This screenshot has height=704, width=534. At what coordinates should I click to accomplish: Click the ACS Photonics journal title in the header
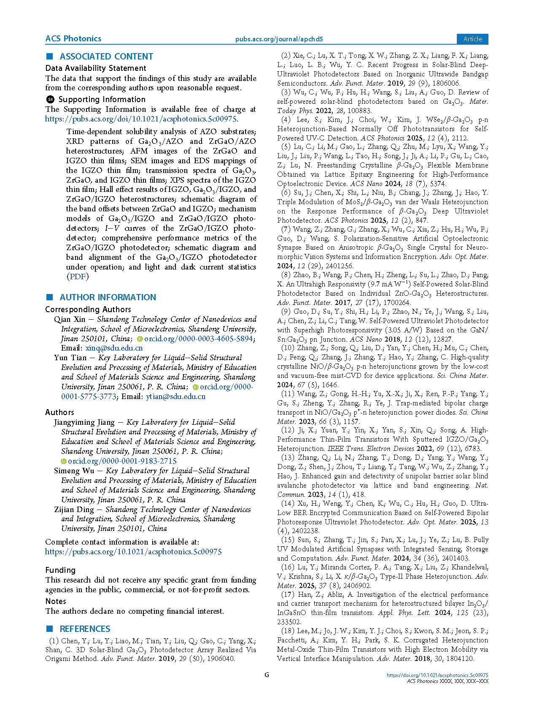pyautogui.click(x=73, y=39)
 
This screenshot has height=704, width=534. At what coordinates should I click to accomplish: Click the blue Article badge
pyautogui.click(x=472, y=39)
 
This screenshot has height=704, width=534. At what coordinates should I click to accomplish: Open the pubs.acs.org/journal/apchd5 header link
pyautogui.click(x=279, y=39)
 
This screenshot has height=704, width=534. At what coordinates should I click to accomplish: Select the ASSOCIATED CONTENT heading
pyautogui.click(x=106, y=57)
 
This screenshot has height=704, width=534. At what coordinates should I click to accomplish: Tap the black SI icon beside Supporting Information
pyautogui.click(x=50, y=100)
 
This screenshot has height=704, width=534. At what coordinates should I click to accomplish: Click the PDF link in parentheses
pyautogui.click(x=78, y=277)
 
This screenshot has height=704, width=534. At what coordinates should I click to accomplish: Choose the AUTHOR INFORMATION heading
pyautogui.click(x=108, y=297)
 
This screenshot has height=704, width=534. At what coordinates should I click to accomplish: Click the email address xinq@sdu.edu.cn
pyautogui.click(x=114, y=348)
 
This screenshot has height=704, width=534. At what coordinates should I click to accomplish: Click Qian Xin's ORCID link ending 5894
pyautogui.click(x=198, y=339)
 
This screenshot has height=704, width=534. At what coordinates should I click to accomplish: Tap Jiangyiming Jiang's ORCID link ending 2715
pyautogui.click(x=122, y=461)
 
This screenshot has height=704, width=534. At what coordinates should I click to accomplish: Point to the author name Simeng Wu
pyautogui.click(x=74, y=471)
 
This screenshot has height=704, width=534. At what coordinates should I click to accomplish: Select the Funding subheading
pyautogui.click(x=60, y=570)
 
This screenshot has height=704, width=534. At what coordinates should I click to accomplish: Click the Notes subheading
pyautogui.click(x=56, y=602)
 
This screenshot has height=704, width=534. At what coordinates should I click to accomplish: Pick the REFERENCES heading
pyautogui.click(x=85, y=629)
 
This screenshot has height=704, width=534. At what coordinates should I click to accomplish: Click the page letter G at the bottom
pyautogui.click(x=267, y=675)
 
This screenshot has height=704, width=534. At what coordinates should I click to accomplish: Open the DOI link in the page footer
pyautogui.click(x=437, y=675)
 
